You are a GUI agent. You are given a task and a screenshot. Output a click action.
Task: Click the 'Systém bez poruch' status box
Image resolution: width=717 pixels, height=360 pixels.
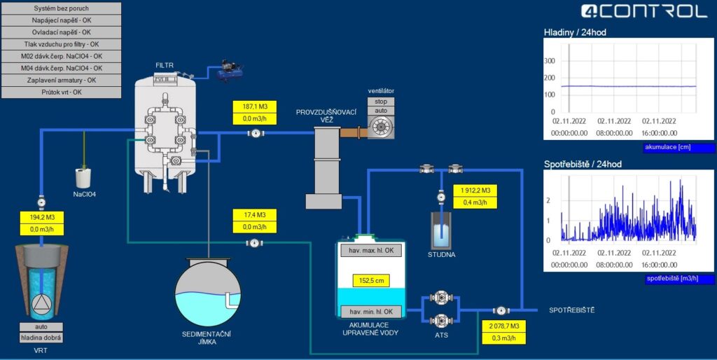(62, 8)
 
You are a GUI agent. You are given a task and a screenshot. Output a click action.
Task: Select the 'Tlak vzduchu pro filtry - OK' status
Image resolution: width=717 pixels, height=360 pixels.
(62, 44)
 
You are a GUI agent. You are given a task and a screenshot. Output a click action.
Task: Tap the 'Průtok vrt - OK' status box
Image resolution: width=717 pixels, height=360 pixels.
(62, 92)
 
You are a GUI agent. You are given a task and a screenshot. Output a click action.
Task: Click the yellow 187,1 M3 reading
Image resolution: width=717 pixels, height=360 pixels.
(254, 106)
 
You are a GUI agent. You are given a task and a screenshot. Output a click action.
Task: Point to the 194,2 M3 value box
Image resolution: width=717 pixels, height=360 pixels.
(42, 217)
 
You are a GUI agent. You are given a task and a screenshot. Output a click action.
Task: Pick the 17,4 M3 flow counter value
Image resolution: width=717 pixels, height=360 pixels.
(255, 214)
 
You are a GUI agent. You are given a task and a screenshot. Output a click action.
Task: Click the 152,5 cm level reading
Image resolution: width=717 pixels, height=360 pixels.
(371, 281)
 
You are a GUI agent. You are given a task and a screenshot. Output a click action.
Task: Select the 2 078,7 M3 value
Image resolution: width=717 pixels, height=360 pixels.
(504, 326)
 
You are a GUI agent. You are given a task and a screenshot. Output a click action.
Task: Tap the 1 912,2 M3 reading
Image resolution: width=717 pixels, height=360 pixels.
(475, 191)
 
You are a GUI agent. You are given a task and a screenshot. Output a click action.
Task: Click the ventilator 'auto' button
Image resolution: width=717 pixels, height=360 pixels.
(381, 111)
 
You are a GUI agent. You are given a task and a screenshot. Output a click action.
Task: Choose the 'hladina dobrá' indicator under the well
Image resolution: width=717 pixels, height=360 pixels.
(41, 338)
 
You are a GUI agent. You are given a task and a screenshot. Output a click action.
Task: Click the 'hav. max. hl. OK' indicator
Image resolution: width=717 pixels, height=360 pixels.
(371, 251)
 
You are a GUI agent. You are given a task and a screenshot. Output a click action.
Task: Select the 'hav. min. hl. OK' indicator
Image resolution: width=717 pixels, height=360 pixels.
(371, 312)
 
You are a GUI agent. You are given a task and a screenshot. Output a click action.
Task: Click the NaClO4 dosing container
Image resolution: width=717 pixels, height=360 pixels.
(83, 178)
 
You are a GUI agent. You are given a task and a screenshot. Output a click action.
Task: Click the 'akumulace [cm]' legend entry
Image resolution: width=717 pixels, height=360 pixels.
(679, 148)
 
